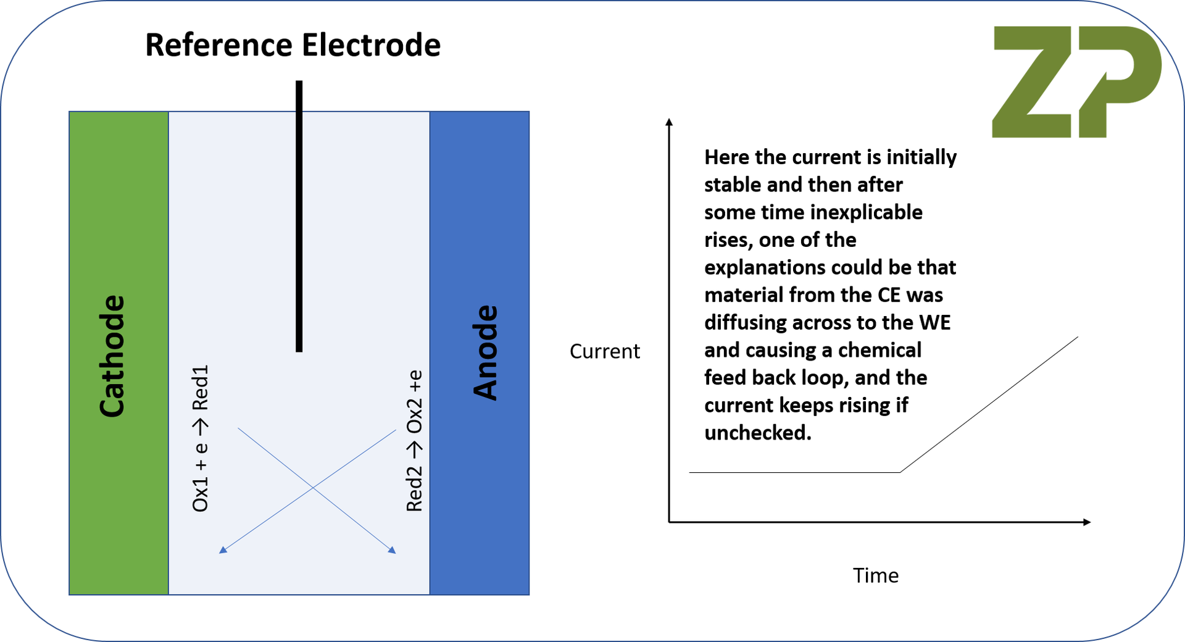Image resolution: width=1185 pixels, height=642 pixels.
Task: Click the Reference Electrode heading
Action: (293, 45)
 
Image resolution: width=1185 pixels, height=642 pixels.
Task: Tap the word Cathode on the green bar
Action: (112, 356)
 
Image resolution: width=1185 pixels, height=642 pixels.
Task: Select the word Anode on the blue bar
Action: (485, 352)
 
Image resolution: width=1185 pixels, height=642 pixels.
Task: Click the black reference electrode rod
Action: (299, 216)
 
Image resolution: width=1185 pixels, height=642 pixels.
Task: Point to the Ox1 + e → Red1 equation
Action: (201, 438)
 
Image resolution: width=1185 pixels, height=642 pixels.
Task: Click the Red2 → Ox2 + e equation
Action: (415, 441)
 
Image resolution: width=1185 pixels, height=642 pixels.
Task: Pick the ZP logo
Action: (1076, 82)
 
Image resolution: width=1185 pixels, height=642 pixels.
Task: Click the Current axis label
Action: (604, 351)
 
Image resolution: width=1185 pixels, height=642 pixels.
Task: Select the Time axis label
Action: (875, 575)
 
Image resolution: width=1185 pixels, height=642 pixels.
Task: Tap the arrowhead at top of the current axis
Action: (669, 122)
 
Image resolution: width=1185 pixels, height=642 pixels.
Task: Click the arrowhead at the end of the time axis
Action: (1087, 522)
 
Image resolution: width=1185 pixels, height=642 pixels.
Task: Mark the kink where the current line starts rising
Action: (900, 472)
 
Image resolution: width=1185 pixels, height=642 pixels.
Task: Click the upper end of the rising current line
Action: (1077, 337)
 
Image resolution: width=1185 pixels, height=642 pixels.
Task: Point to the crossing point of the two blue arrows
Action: (312, 488)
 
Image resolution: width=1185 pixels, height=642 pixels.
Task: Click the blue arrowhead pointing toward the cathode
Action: (223, 549)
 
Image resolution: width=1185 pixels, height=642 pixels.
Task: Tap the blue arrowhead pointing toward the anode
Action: (392, 550)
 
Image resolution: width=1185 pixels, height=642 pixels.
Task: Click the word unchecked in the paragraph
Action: (757, 433)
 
